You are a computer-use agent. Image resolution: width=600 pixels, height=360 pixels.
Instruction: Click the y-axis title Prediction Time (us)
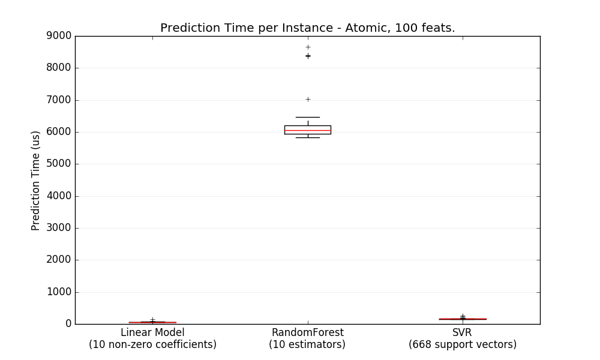(x=36, y=180)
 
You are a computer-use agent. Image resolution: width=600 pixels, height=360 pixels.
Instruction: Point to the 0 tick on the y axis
(x=68, y=324)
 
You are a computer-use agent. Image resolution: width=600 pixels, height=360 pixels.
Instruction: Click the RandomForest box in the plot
(x=307, y=130)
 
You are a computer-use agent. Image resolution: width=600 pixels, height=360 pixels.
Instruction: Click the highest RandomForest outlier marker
(x=308, y=47)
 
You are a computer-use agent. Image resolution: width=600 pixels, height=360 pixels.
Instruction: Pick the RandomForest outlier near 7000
(x=308, y=99)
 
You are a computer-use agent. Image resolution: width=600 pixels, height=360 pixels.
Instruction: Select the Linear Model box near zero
(x=152, y=322)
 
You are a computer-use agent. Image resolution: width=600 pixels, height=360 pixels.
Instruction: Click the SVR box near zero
(x=463, y=319)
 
